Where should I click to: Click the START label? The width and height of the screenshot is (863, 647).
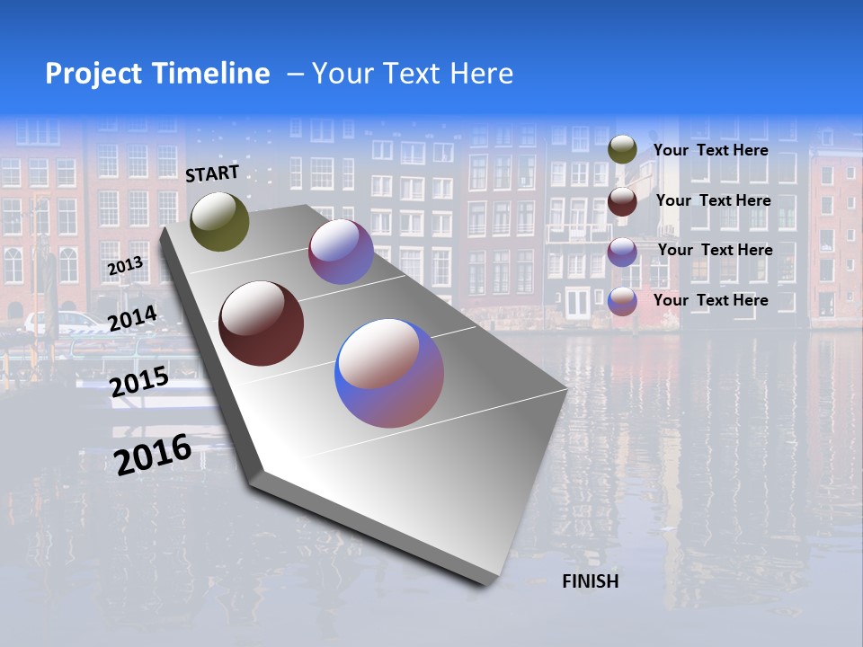(x=212, y=173)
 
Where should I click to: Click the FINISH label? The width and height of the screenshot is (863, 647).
(x=591, y=581)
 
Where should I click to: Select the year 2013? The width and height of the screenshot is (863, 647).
(x=125, y=266)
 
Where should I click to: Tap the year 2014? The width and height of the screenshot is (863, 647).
(x=132, y=318)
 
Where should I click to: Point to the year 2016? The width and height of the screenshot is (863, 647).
(x=153, y=454)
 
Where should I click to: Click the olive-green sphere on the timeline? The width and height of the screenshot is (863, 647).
(x=219, y=221)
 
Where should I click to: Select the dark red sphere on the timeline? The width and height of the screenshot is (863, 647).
(x=261, y=323)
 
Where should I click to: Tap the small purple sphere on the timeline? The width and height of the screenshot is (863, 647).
(x=341, y=252)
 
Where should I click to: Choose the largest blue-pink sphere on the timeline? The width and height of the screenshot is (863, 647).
(x=389, y=373)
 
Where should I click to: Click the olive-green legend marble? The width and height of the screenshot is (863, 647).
(x=622, y=149)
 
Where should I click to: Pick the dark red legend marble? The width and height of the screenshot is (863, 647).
(x=622, y=201)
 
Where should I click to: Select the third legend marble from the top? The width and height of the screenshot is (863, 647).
(x=622, y=252)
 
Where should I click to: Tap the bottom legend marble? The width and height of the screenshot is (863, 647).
(x=622, y=301)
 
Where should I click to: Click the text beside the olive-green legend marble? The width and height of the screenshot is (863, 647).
(x=710, y=150)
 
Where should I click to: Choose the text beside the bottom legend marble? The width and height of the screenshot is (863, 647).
(x=710, y=300)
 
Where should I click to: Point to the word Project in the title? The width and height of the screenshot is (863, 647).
(x=88, y=74)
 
